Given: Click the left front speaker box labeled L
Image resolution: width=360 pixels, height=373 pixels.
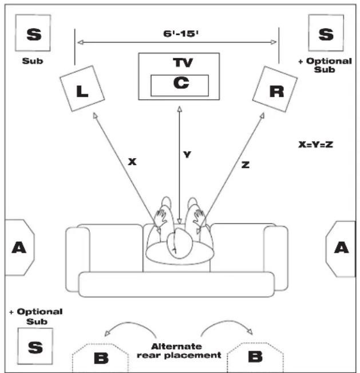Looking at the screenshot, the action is pyautogui.click(x=82, y=88).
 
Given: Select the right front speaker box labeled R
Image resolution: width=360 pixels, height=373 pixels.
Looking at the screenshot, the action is pyautogui.click(x=275, y=89).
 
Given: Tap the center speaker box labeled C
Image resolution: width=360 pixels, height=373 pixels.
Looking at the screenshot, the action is pyautogui.click(x=180, y=85).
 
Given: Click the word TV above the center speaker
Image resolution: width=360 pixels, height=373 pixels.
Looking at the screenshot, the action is pyautogui.click(x=183, y=62).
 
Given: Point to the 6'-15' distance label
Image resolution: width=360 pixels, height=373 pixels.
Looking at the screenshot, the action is pyautogui.click(x=181, y=34).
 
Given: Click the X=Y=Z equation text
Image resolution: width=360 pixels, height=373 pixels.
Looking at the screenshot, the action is pyautogui.click(x=315, y=144).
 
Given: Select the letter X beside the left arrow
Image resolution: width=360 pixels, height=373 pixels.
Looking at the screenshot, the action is pyautogui.click(x=132, y=162).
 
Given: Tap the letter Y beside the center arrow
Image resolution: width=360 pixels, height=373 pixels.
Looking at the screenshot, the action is pyautogui.click(x=187, y=155).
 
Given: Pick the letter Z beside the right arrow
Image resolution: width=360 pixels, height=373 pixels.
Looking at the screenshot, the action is pyautogui.click(x=246, y=164).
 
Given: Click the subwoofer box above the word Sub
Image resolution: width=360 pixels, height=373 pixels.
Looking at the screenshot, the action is pyautogui.click(x=33, y=33).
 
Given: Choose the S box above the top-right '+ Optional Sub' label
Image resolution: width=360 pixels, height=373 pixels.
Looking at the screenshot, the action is pyautogui.click(x=326, y=33).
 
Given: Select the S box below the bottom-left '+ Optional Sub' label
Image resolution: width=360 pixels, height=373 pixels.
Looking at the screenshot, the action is pyautogui.click(x=35, y=346).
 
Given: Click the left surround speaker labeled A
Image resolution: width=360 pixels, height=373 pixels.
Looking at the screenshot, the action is pyautogui.click(x=19, y=248).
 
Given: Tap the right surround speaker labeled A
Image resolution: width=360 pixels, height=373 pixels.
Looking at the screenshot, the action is pyautogui.click(x=341, y=249).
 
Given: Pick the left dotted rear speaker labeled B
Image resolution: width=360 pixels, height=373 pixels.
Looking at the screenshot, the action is pyautogui.click(x=100, y=358).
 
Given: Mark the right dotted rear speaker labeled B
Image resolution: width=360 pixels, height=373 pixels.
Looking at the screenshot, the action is pyautogui.click(x=255, y=357).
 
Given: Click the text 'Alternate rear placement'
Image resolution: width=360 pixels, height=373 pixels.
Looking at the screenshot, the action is pyautogui.click(x=179, y=351).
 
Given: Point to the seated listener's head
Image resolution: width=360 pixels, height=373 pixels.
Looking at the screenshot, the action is pyautogui.click(x=180, y=244).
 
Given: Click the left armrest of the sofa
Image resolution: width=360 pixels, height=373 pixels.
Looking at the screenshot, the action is pyautogui.click(x=78, y=260).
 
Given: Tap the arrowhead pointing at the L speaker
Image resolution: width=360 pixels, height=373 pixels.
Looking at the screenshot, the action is pyautogui.click(x=95, y=116).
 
